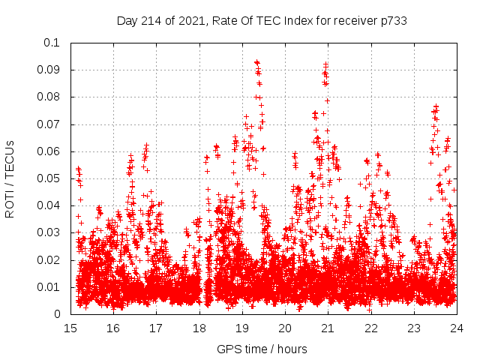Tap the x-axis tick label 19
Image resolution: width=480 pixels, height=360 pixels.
(242, 328)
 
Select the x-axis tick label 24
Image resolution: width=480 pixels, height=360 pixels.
(456, 328)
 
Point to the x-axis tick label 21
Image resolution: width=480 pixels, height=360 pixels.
(328, 328)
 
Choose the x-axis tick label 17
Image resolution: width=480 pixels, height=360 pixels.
(157, 328)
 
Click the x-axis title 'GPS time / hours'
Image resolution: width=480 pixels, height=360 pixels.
(262, 349)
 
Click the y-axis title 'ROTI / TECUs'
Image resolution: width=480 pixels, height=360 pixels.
(10, 178)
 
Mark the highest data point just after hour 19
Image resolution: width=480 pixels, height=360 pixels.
(256, 62)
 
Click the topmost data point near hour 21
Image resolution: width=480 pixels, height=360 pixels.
(325, 64)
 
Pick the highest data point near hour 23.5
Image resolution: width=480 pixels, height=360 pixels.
(436, 106)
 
